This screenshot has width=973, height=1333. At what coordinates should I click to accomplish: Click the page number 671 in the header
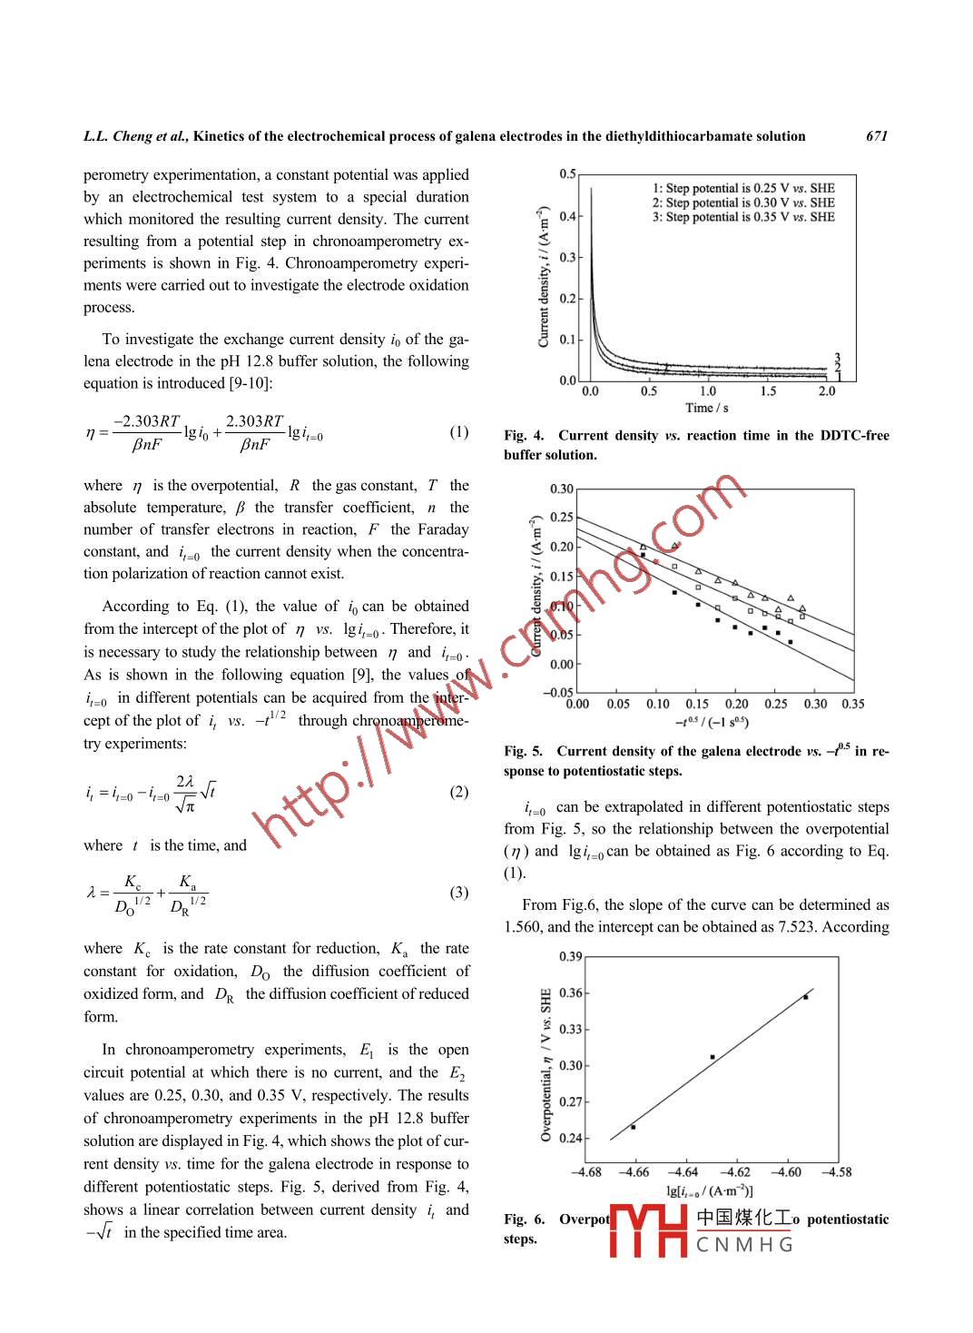[x=876, y=136]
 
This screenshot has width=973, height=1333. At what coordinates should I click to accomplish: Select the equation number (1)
[x=459, y=431]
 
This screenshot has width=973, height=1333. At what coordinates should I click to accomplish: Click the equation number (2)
[x=459, y=792]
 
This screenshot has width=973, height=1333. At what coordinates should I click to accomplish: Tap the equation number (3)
[x=459, y=893]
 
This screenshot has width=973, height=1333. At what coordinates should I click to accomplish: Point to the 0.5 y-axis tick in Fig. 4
[x=567, y=173]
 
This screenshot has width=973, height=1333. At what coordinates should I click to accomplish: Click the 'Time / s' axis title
[x=707, y=408]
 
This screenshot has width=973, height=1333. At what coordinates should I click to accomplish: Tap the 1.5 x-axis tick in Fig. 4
[x=768, y=391]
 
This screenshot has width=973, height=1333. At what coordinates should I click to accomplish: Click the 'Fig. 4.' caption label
[x=524, y=436]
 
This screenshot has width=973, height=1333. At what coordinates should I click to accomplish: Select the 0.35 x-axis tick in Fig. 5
[x=852, y=704]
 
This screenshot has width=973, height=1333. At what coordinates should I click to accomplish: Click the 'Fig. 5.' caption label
[x=524, y=751]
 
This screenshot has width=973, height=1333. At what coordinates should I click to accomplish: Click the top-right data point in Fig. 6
[x=805, y=997]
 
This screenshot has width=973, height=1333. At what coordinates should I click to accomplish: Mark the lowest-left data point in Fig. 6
[x=633, y=1127]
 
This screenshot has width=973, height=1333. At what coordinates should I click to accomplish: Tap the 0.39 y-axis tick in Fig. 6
[x=570, y=956]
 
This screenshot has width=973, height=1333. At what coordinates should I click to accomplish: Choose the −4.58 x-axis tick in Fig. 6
[x=836, y=1172]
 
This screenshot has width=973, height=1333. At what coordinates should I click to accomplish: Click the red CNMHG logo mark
[x=648, y=1230]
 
